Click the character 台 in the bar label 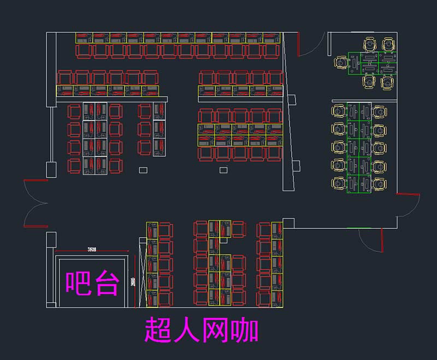[x=106, y=283]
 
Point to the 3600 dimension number [x=92, y=250]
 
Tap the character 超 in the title [x=158, y=330]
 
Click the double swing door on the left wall [x=34, y=203]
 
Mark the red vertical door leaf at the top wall [x=299, y=44]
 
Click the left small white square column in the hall [x=143, y=170]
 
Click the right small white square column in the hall [x=223, y=170]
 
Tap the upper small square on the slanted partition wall [x=291, y=100]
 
